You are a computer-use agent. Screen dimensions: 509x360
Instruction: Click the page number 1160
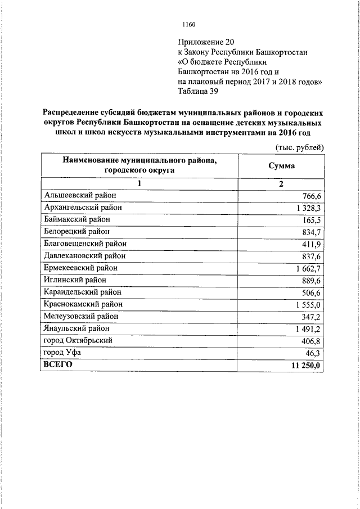coord(188,24)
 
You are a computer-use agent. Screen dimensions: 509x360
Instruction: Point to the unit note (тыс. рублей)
coord(299,147)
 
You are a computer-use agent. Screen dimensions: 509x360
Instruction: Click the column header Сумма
coord(282,166)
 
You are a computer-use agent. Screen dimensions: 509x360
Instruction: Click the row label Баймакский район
coord(76,219)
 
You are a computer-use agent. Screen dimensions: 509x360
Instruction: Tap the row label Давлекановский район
coord(84,256)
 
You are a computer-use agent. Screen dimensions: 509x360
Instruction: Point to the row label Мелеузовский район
coord(80,317)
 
